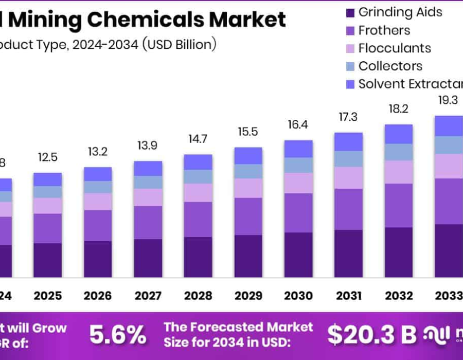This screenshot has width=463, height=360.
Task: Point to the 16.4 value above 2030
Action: coord(298,124)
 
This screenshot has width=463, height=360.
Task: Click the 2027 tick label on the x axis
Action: coord(148,296)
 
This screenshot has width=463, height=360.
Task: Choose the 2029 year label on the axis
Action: coord(248,296)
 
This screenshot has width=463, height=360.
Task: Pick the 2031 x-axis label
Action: coord(348,296)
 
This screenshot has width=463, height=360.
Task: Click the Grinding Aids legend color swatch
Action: coord(350,12)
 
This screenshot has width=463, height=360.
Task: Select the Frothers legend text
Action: coord(384,30)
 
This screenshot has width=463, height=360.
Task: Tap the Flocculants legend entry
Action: coord(394,48)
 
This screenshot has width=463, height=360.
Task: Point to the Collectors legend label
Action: coord(390,66)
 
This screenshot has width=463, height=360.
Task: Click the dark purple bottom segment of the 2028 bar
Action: coord(198,257)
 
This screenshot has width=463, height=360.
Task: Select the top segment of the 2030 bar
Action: coord(298,149)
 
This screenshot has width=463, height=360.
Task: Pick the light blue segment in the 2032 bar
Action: coord(399,152)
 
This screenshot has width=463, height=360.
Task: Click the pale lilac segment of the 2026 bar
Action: coord(98,202)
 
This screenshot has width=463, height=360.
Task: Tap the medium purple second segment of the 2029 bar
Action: coord(248,217)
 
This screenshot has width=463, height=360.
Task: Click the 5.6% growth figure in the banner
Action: coord(118,335)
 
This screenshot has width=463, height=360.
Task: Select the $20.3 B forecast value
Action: coord(372,335)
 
